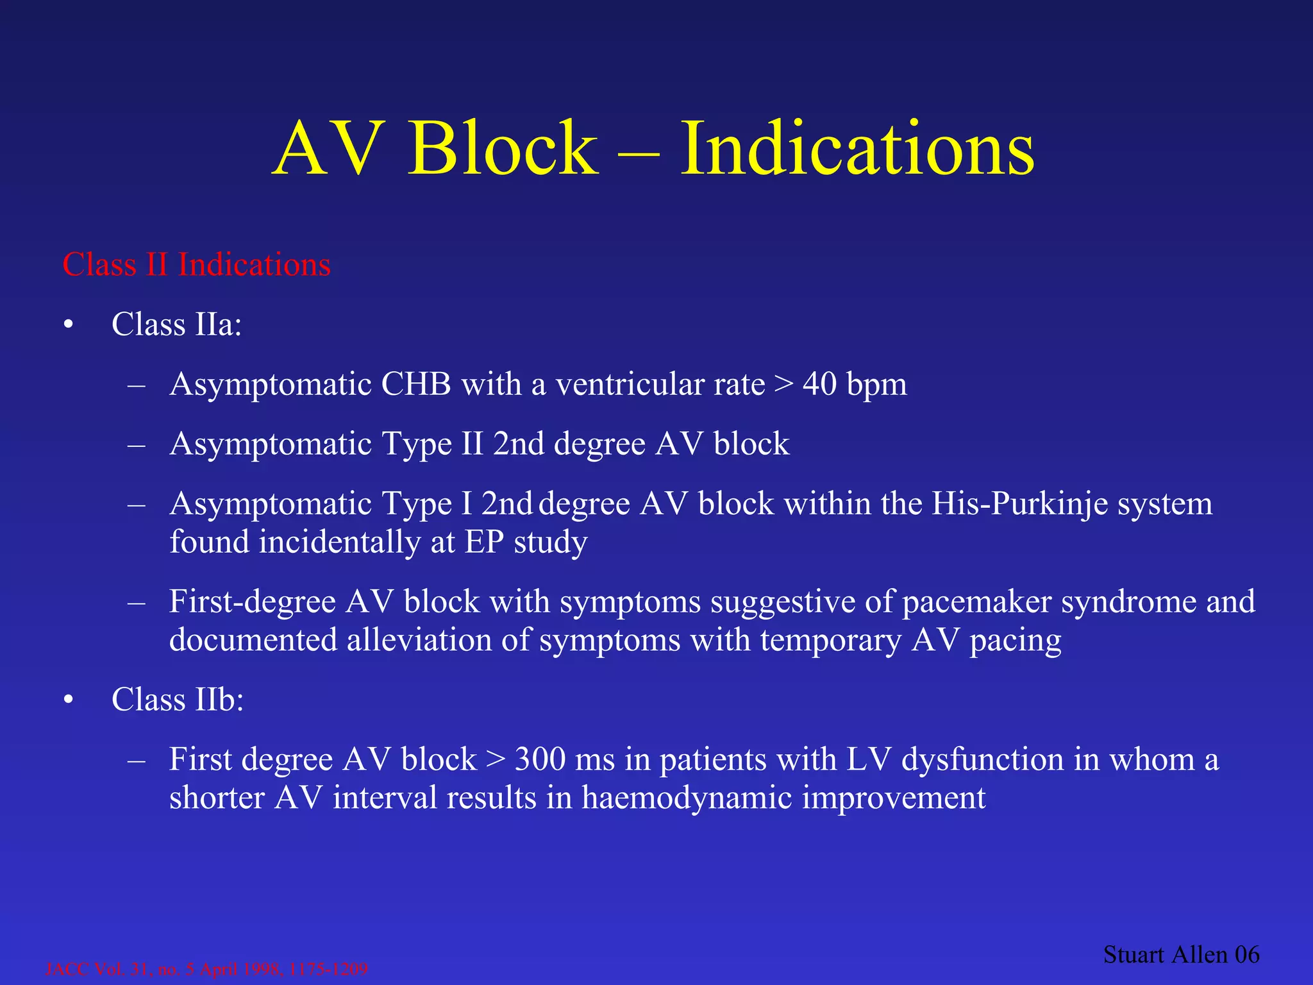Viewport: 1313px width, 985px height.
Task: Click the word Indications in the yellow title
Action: [857, 149]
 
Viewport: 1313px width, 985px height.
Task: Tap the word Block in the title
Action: [503, 149]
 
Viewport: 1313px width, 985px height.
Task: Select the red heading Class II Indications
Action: [196, 265]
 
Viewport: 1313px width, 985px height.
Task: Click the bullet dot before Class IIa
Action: [69, 325]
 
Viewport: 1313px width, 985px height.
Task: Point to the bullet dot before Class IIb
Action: [69, 700]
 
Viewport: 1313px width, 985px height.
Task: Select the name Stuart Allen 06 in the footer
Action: [1181, 954]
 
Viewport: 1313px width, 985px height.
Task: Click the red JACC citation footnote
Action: [206, 968]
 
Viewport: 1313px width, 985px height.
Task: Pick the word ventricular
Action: [660, 385]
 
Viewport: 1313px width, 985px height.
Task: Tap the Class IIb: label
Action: [178, 700]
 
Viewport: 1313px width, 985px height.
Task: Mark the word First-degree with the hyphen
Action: [253, 602]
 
